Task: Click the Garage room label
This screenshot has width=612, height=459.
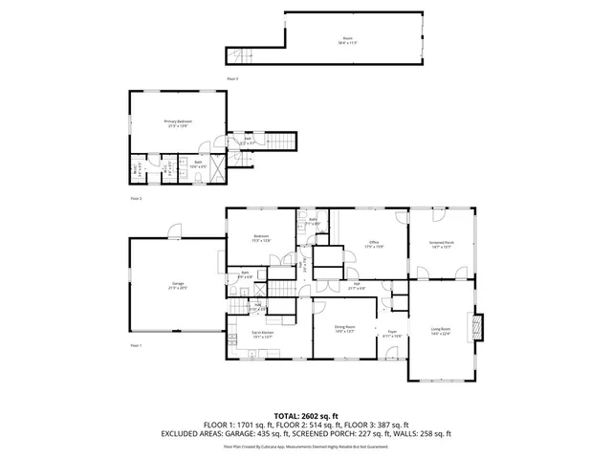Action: click(x=178, y=286)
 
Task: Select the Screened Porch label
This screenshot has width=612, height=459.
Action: click(x=441, y=245)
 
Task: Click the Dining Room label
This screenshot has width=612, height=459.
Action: click(x=345, y=329)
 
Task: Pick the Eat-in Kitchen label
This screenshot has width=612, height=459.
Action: click(x=263, y=334)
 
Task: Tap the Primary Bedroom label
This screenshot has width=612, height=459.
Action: click(x=178, y=123)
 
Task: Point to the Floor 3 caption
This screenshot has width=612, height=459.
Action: click(x=232, y=77)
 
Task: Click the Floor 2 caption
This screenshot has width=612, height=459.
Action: click(x=136, y=199)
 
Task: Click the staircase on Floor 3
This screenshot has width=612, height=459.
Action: click(x=238, y=54)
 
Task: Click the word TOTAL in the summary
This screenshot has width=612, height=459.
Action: click(x=288, y=416)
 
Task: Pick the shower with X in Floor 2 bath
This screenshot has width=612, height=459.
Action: click(x=219, y=171)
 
